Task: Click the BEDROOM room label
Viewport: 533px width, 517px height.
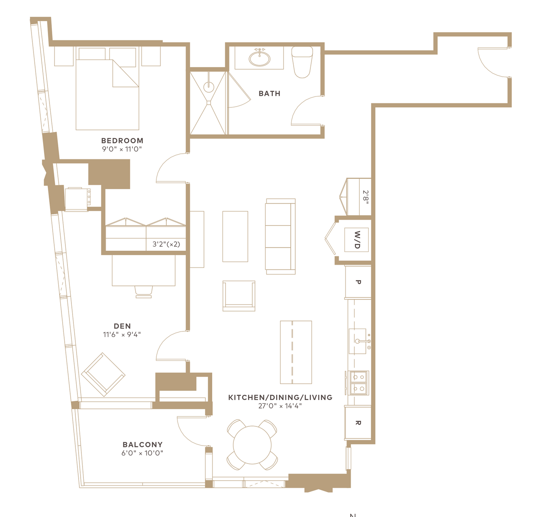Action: pos(122,141)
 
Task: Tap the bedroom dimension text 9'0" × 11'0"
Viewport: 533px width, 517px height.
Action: pos(122,149)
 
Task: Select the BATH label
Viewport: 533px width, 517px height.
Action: pos(270,93)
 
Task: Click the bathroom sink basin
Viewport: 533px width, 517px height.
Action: pos(259,58)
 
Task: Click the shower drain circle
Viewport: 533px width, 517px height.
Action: pos(209,87)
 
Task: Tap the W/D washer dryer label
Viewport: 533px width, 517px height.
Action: pos(357,240)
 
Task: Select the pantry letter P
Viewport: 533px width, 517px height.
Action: pos(358,282)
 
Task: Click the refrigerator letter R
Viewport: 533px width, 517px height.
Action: pos(358,423)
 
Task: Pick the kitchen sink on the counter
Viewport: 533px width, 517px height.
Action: pos(357,341)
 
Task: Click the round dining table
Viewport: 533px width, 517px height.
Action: pos(252,445)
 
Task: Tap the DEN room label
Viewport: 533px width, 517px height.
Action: pos(122,326)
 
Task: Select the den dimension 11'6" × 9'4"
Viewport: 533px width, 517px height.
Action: pos(122,335)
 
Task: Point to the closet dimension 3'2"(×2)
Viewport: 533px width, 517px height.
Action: pos(166,244)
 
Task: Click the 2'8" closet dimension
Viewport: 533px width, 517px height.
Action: pos(366,197)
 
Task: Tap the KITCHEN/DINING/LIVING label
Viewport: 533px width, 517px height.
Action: pos(280,397)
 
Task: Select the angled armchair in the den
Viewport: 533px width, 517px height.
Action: pos(103,374)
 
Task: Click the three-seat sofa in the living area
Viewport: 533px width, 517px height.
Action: pos(280,236)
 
